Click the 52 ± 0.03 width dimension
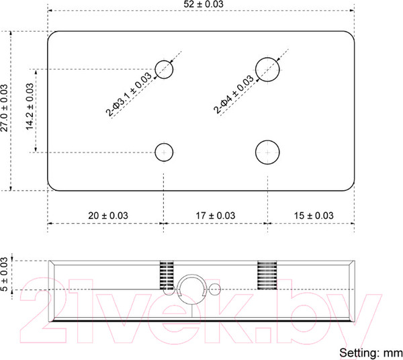(x=204, y=4)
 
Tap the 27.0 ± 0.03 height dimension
(x=5, y=108)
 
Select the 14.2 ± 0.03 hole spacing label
(x=30, y=106)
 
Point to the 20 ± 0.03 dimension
(x=108, y=216)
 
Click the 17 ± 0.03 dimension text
(x=216, y=216)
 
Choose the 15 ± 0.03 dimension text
(x=314, y=216)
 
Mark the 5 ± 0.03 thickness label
(x=5, y=274)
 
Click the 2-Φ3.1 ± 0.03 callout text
(x=129, y=95)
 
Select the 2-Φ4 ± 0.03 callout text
(x=234, y=94)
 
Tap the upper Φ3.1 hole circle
(x=164, y=61)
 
